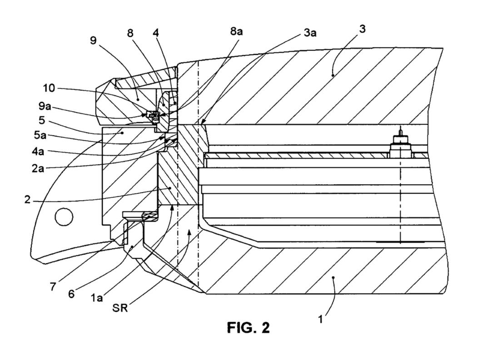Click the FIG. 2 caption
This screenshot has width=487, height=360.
248,327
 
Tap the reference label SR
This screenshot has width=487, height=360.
120,309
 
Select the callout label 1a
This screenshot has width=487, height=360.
97,298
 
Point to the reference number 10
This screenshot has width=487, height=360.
49,88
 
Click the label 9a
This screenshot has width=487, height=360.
45,106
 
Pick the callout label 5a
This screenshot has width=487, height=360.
40,135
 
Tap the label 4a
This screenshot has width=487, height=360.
38,152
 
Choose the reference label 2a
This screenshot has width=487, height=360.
38,168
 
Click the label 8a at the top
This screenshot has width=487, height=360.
237,31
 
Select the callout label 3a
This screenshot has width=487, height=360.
310,33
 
